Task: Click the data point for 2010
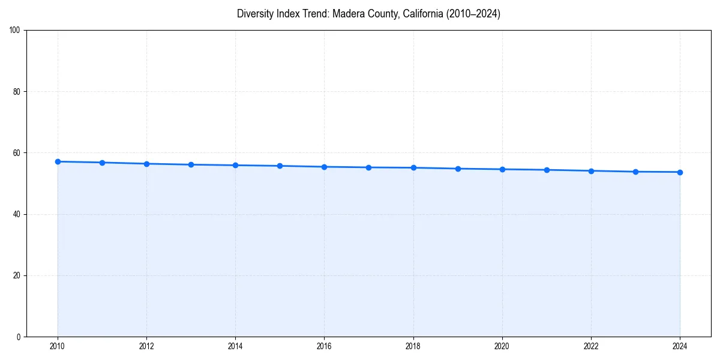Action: point(58,161)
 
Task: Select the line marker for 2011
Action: point(102,163)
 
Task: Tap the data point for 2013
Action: point(191,164)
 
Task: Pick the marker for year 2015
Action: point(280,166)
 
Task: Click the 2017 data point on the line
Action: point(368,167)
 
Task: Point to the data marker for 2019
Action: point(458,169)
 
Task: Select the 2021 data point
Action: point(547,170)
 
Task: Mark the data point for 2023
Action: point(635,172)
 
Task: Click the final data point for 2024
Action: point(680,172)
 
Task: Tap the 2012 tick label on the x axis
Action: point(146,346)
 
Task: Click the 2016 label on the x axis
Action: point(324,346)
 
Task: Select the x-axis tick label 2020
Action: point(502,346)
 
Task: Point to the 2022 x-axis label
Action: point(591,346)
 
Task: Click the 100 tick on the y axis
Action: point(15,31)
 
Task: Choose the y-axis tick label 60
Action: point(17,153)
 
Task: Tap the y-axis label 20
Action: point(17,275)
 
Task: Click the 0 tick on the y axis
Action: point(19,337)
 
